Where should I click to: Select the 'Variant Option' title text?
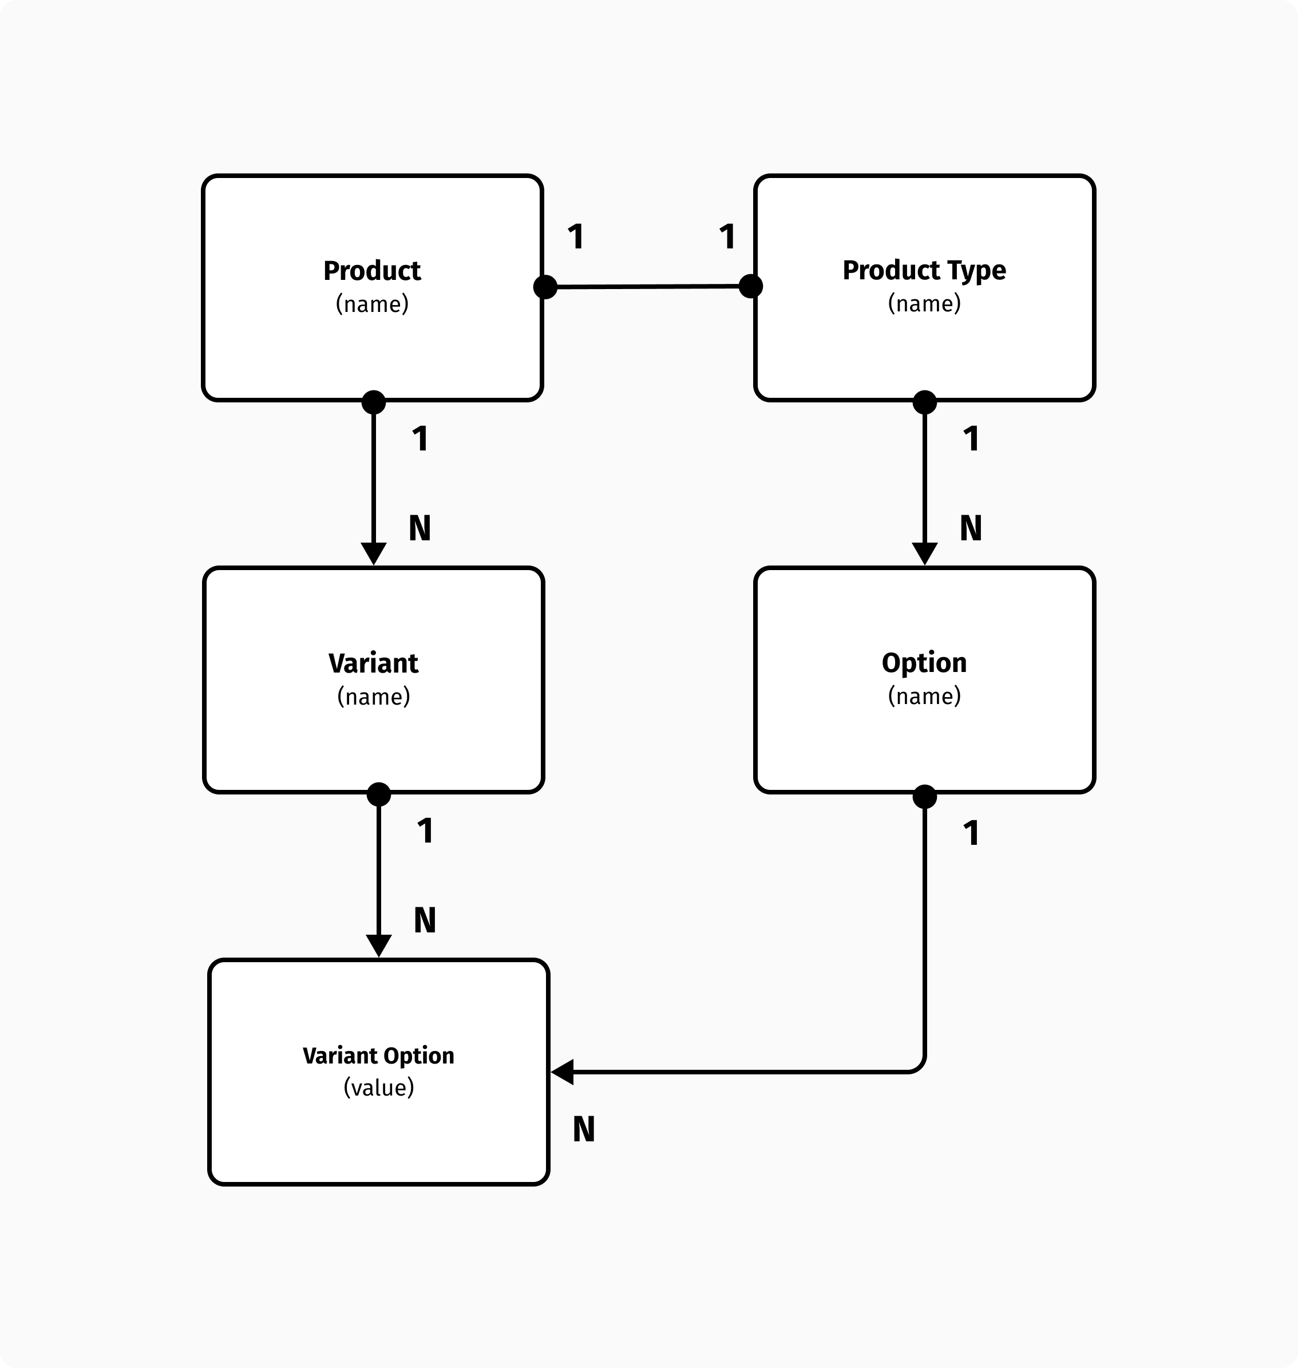(378, 1056)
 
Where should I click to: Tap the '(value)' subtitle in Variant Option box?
(378, 1088)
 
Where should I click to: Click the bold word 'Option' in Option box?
(924, 663)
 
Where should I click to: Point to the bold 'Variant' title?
(373, 663)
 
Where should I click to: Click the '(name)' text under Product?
(372, 304)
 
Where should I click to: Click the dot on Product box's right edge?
(545, 286)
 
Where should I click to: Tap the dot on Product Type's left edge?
(751, 286)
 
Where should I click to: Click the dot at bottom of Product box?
(374, 402)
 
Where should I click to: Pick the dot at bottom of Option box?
(924, 796)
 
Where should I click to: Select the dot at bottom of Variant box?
(378, 794)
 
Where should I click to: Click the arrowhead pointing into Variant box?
(374, 553)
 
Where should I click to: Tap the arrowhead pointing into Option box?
(924, 553)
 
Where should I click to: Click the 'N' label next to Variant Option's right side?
(584, 1130)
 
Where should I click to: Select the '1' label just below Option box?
(971, 833)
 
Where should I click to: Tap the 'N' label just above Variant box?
(420, 529)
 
